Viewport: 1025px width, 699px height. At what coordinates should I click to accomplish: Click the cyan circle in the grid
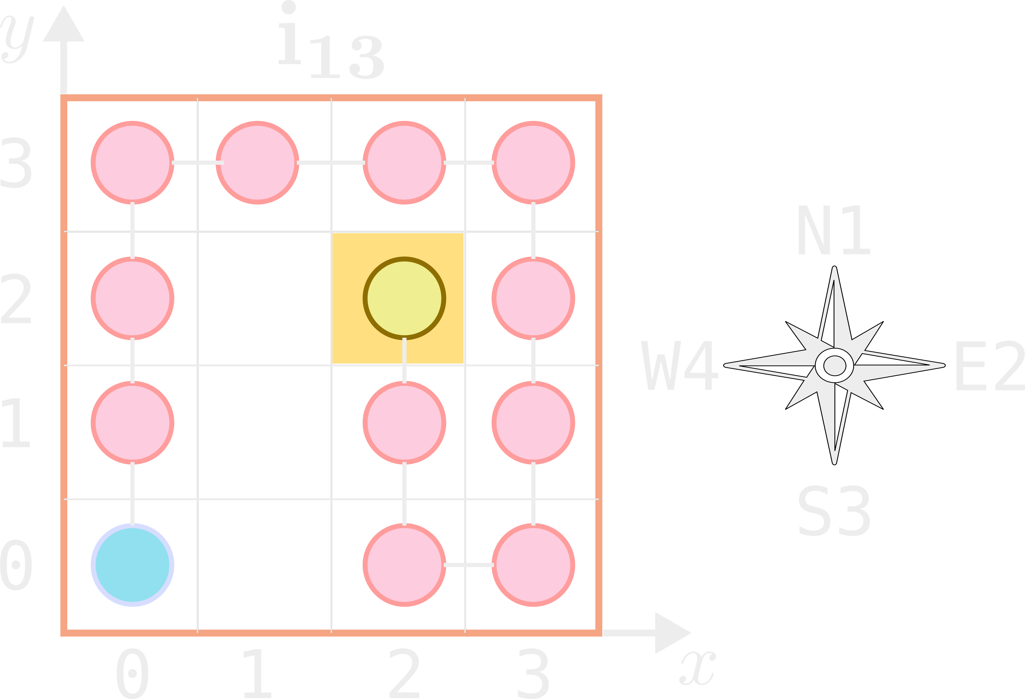point(132,565)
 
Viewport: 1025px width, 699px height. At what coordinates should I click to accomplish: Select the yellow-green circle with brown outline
point(404,298)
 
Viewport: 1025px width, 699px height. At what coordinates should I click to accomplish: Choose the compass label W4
point(680,365)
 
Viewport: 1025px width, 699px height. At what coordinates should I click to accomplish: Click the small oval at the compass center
point(834,365)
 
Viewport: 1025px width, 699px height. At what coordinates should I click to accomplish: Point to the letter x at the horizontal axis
point(698,668)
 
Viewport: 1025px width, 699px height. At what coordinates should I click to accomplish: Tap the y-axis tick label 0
point(16,565)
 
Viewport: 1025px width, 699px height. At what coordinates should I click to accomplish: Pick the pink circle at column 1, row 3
point(257,162)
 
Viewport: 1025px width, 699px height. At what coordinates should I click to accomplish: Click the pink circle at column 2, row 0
point(404,565)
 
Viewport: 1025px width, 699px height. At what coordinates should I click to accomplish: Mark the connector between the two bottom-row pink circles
point(469,565)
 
